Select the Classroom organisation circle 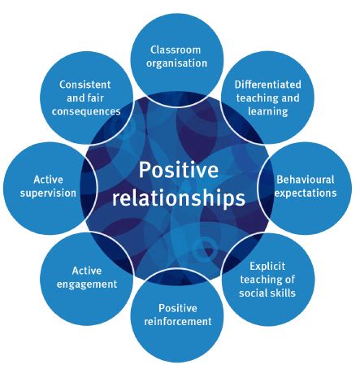(x=178, y=54)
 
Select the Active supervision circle (x=49, y=185)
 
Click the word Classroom (x=178, y=47)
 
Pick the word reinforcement (x=178, y=322)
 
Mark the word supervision (x=49, y=193)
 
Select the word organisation (x=178, y=62)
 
